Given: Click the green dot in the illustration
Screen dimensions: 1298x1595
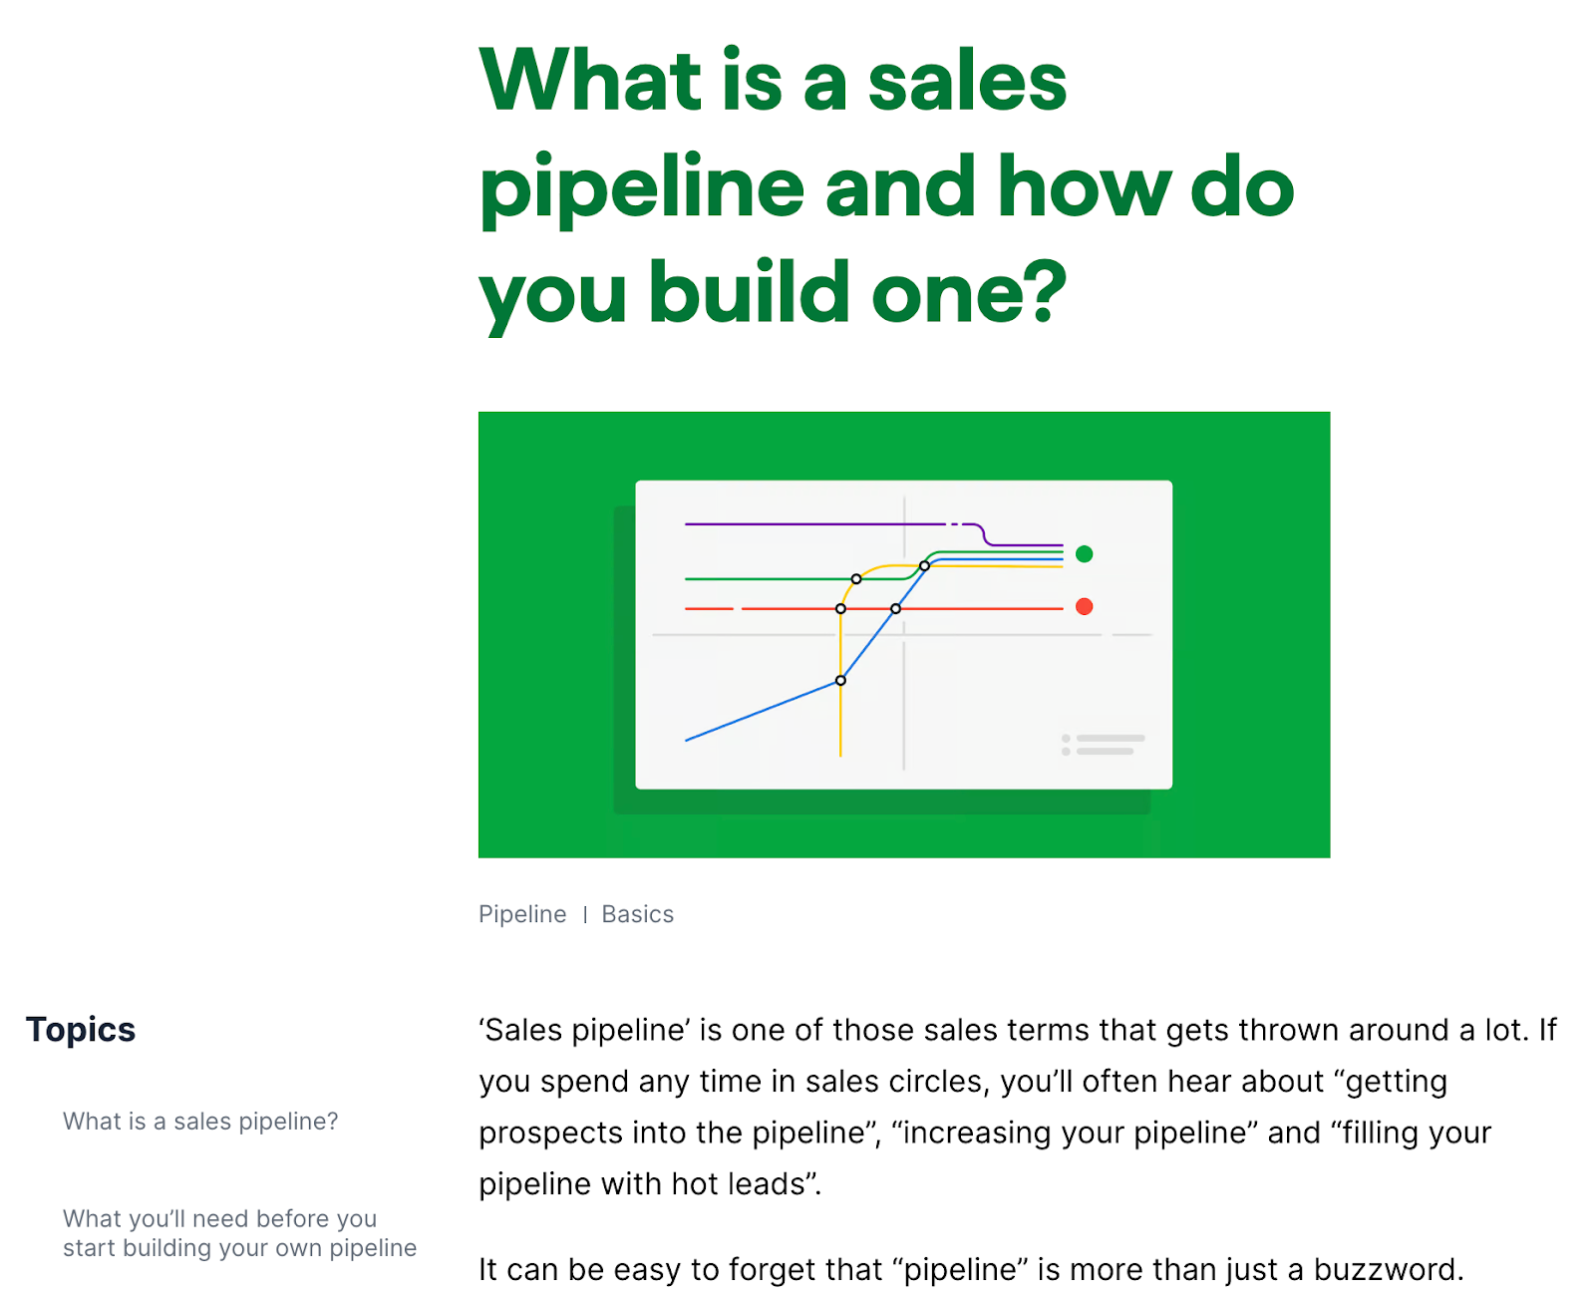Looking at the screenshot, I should (1085, 554).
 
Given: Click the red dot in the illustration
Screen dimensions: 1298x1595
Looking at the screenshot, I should (1085, 606).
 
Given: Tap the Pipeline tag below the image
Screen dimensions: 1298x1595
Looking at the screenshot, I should (522, 914).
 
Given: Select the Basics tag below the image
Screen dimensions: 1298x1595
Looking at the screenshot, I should (638, 914).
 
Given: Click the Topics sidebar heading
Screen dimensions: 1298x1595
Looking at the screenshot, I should (81, 1029).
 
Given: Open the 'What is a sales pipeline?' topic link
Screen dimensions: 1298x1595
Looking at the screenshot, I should (200, 1122).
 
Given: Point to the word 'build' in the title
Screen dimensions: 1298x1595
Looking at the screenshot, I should (749, 293).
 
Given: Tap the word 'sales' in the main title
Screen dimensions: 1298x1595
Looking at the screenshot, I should (967, 82).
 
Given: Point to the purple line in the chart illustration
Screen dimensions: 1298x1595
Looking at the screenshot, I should (812, 523).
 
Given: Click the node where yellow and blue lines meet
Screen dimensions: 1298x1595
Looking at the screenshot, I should (840, 680).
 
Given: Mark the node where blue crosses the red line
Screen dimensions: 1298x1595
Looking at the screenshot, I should (895, 608).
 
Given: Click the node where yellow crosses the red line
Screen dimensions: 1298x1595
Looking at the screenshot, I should (840, 608).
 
